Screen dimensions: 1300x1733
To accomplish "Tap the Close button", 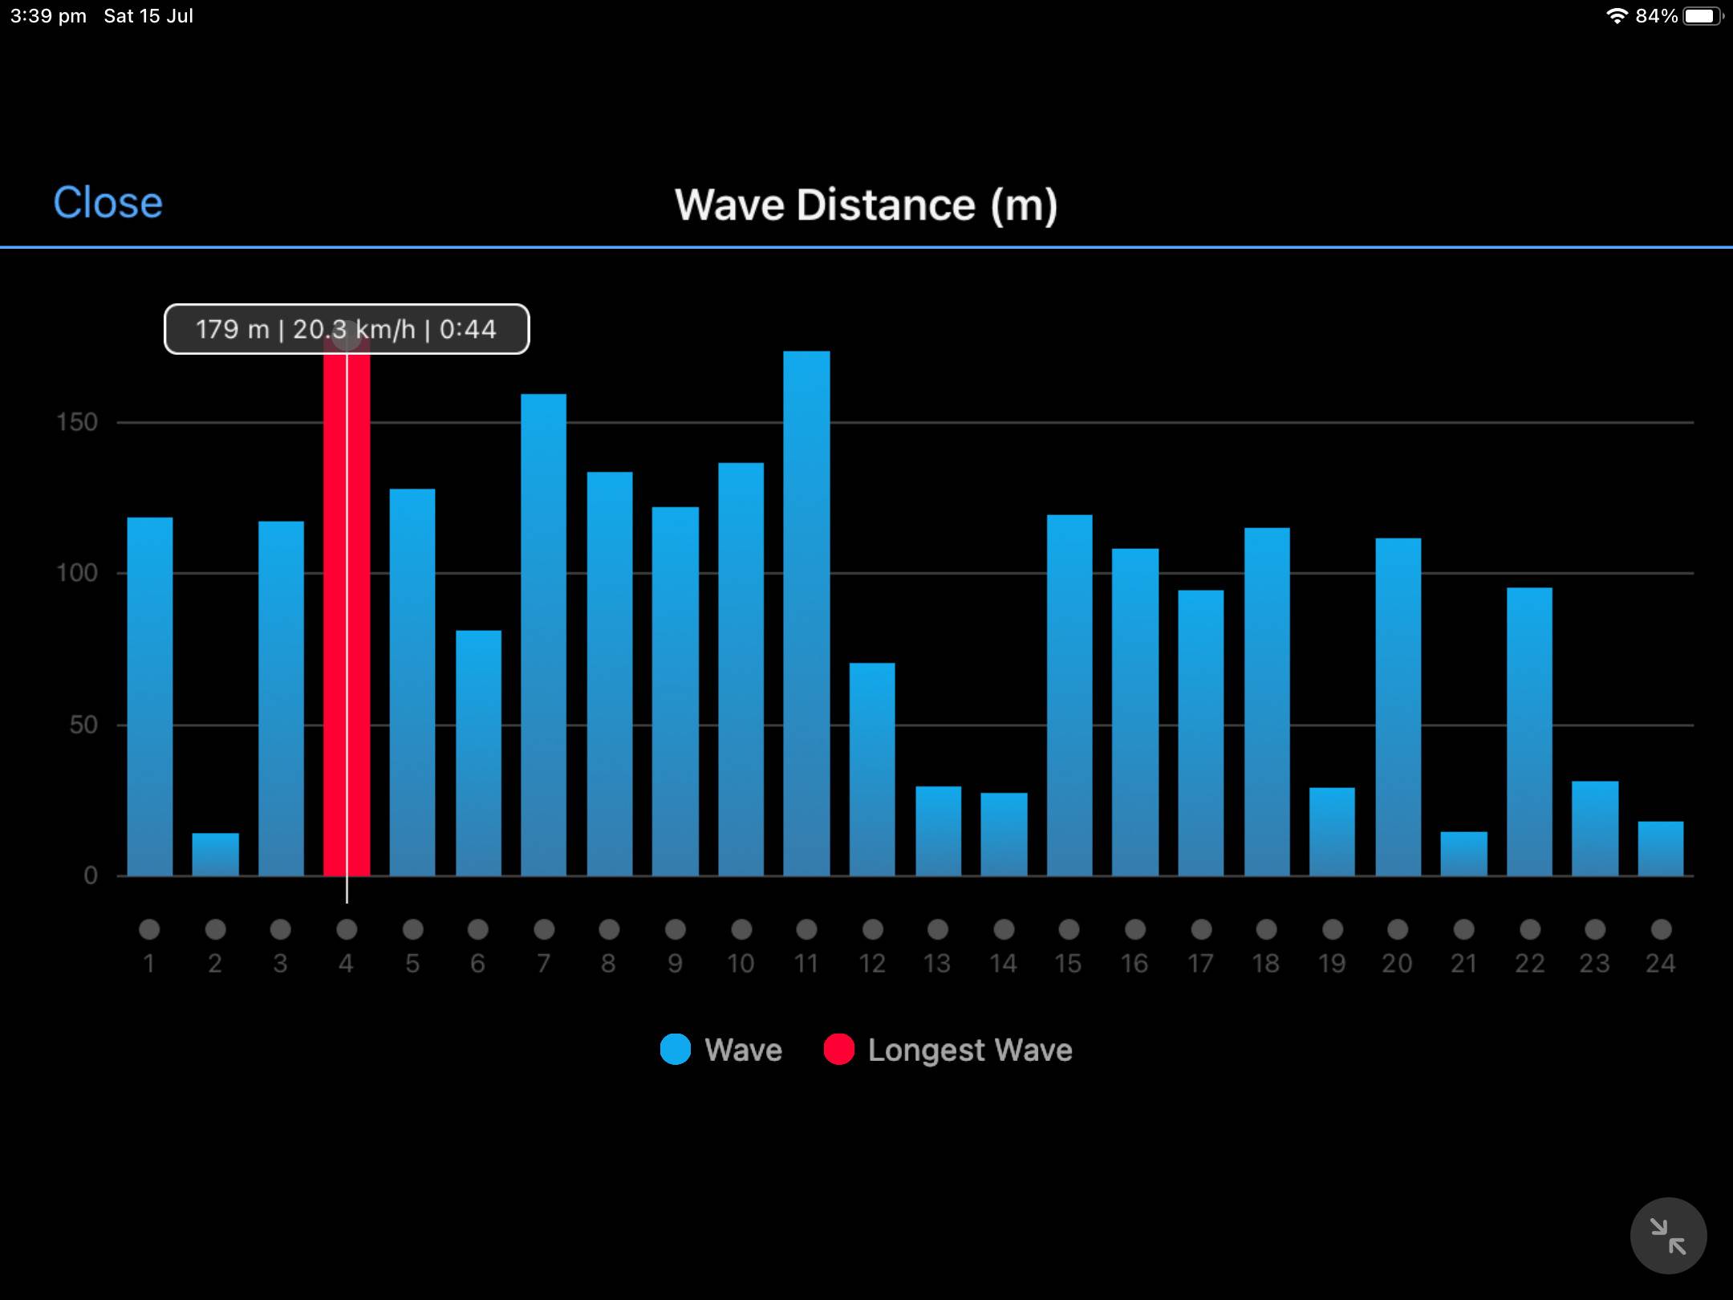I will point(108,202).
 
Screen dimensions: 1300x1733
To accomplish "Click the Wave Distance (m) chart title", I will point(866,205).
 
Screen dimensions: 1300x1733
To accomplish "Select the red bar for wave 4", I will point(347,610).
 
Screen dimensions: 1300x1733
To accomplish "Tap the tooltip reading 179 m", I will point(347,329).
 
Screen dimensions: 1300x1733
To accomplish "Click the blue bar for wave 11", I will point(806,614).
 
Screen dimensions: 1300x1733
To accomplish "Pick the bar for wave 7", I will point(543,634).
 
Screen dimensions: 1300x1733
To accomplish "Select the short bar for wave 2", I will point(215,855).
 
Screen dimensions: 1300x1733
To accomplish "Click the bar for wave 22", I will point(1529,732).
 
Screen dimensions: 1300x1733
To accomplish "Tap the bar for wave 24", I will point(1660,848).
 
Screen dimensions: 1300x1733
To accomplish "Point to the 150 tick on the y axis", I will point(77,422).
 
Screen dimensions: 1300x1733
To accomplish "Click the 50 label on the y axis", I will point(83,725).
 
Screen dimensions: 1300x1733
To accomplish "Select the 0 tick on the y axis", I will point(91,875).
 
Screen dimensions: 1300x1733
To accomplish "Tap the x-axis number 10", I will point(741,963).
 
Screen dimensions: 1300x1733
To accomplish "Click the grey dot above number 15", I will point(1069,929).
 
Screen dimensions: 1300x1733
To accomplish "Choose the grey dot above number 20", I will point(1398,929).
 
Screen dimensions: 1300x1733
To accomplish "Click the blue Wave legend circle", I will point(676,1050).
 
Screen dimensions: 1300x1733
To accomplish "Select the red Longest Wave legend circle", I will point(838,1050).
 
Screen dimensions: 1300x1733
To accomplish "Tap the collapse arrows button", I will point(1668,1236).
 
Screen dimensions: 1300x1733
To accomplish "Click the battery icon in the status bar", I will point(1702,16).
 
